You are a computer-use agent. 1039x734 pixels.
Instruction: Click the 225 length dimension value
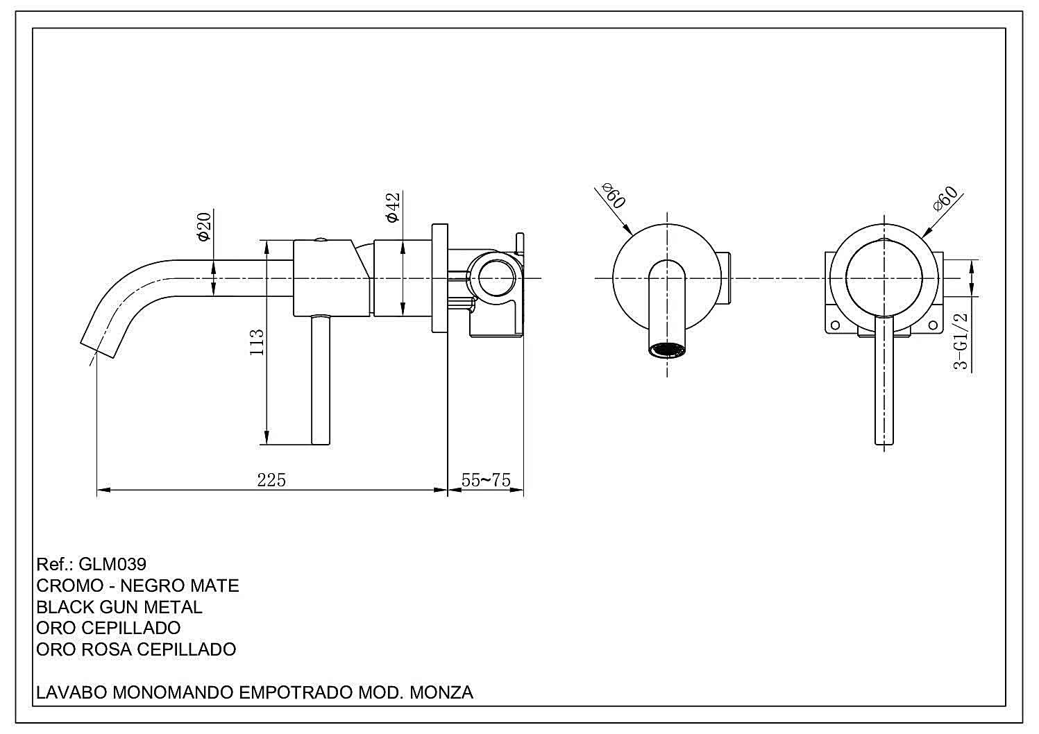click(271, 480)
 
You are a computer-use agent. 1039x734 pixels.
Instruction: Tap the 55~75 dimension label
click(486, 480)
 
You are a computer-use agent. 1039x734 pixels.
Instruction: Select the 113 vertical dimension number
click(257, 342)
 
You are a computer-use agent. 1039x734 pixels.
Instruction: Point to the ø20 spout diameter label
click(204, 226)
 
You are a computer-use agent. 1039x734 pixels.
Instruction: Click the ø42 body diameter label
click(393, 207)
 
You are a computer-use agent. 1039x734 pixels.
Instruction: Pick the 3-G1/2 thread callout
click(961, 341)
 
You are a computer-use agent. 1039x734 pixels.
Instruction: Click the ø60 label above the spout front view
click(614, 195)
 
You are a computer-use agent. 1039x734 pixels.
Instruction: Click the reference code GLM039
click(112, 564)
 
